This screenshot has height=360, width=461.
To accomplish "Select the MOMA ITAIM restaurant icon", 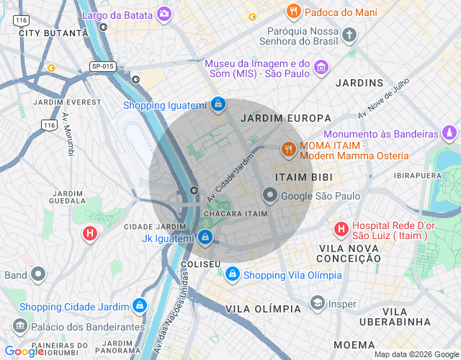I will (288, 150).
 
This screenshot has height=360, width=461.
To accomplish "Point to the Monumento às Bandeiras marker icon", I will (450, 134).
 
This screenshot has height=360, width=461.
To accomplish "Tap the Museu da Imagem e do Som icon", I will (321, 69).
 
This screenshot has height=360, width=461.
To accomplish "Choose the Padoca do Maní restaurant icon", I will (293, 12).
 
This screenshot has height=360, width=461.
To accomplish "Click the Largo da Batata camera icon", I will (165, 13).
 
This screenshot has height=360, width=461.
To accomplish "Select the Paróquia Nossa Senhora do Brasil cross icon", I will (349, 35).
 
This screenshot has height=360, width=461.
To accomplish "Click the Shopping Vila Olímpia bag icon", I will (233, 275).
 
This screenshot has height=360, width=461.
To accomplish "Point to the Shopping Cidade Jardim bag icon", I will (140, 307).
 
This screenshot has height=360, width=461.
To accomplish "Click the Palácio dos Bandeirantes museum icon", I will (20, 326).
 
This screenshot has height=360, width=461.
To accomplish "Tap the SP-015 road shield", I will (104, 66).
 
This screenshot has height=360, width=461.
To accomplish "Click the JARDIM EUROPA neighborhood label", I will (286, 117).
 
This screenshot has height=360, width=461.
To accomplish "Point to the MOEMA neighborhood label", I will (354, 345).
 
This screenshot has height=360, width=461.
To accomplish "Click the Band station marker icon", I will (37, 274).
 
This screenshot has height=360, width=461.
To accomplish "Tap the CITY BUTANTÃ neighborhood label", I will (48, 33).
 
